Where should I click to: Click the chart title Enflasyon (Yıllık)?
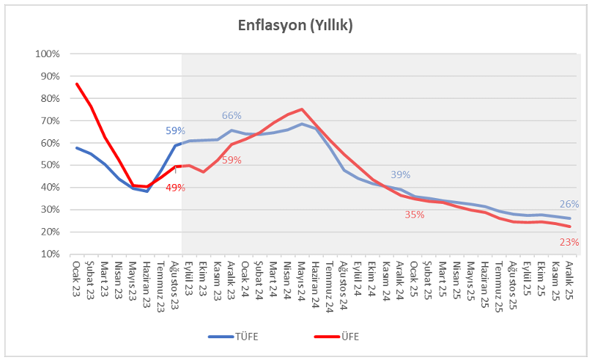(295, 26)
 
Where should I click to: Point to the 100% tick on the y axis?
(48, 54)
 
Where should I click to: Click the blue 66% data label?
(232, 116)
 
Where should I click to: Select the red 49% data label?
(175, 188)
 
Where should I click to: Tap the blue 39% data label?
(400, 175)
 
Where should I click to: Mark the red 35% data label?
(415, 214)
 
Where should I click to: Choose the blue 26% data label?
(569, 205)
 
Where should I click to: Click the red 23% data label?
(569, 241)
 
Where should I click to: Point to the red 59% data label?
(232, 161)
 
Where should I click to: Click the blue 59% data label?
(175, 131)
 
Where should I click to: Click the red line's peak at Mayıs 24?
(302, 109)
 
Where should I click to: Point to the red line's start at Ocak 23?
(76, 84)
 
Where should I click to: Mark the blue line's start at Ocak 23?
(76, 147)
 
